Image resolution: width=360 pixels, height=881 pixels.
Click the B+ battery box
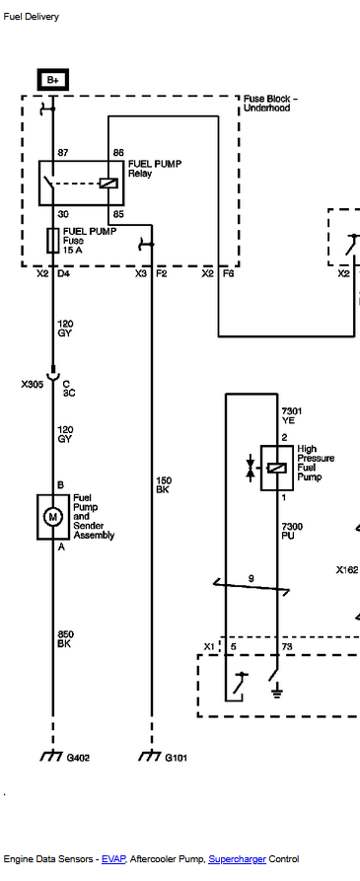click(53, 80)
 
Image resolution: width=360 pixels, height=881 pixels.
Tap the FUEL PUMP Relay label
click(155, 169)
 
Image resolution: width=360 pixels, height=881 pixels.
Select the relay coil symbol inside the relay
click(108, 183)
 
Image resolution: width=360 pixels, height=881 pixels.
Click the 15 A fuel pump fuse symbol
click(53, 241)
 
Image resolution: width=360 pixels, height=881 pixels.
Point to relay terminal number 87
click(63, 153)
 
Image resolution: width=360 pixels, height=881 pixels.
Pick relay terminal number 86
click(118, 153)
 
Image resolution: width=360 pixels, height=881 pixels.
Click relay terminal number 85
click(118, 214)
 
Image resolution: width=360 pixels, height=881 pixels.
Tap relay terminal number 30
click(63, 214)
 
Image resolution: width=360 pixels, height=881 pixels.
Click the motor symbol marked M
click(53, 517)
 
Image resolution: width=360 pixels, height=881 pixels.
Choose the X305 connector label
click(32, 385)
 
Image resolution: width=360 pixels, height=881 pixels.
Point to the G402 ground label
click(78, 758)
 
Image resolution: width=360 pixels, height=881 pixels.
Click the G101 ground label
click(177, 758)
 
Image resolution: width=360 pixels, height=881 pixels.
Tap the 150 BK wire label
click(164, 484)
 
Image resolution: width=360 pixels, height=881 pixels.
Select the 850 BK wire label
click(64, 639)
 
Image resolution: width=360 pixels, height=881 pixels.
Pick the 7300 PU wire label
click(292, 531)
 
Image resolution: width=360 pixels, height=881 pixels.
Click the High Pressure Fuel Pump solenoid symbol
click(277, 468)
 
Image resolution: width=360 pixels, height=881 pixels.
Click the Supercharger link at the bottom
click(237, 859)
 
